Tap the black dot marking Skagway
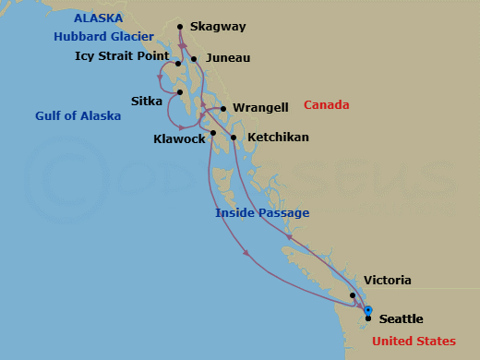click(180, 27)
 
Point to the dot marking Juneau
click(194, 59)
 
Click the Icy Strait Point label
click(121, 56)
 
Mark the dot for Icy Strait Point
click(179, 64)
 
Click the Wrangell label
click(260, 108)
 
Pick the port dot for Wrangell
click(223, 109)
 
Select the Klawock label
click(179, 139)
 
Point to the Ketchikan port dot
click(234, 138)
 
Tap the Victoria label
click(388, 281)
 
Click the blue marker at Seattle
click(367, 310)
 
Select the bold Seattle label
click(402, 319)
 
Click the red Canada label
click(329, 103)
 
